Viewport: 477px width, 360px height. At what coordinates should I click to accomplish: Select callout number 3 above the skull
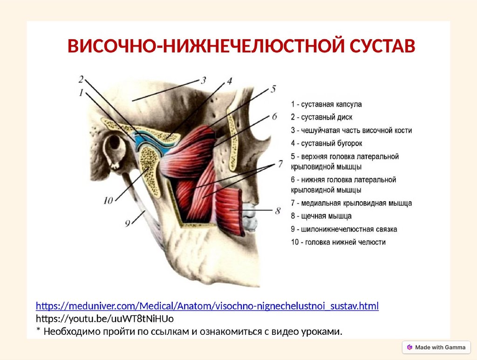tap(204, 79)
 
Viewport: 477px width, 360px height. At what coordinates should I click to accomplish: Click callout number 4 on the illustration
tap(229, 81)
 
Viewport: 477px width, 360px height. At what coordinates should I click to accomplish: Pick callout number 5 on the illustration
tap(274, 88)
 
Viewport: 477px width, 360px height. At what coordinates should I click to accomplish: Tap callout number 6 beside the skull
tap(274, 115)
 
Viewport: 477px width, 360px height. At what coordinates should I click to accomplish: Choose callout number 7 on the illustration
tap(280, 163)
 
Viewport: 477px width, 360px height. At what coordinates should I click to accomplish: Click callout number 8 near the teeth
tap(278, 211)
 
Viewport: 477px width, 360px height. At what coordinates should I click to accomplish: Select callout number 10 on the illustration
tap(108, 201)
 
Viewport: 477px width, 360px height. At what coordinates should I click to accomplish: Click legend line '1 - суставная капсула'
tap(326, 104)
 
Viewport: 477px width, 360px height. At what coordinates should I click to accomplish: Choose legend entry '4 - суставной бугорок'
tap(326, 143)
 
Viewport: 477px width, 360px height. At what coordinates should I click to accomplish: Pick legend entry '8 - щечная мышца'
tap(321, 216)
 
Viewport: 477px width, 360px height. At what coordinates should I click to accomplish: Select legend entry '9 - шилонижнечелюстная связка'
tap(344, 229)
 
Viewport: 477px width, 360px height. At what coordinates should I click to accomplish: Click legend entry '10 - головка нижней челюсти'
tap(338, 242)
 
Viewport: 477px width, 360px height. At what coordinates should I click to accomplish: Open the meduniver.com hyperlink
tap(207, 306)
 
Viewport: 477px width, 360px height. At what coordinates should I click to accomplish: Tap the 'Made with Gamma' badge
tap(436, 347)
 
